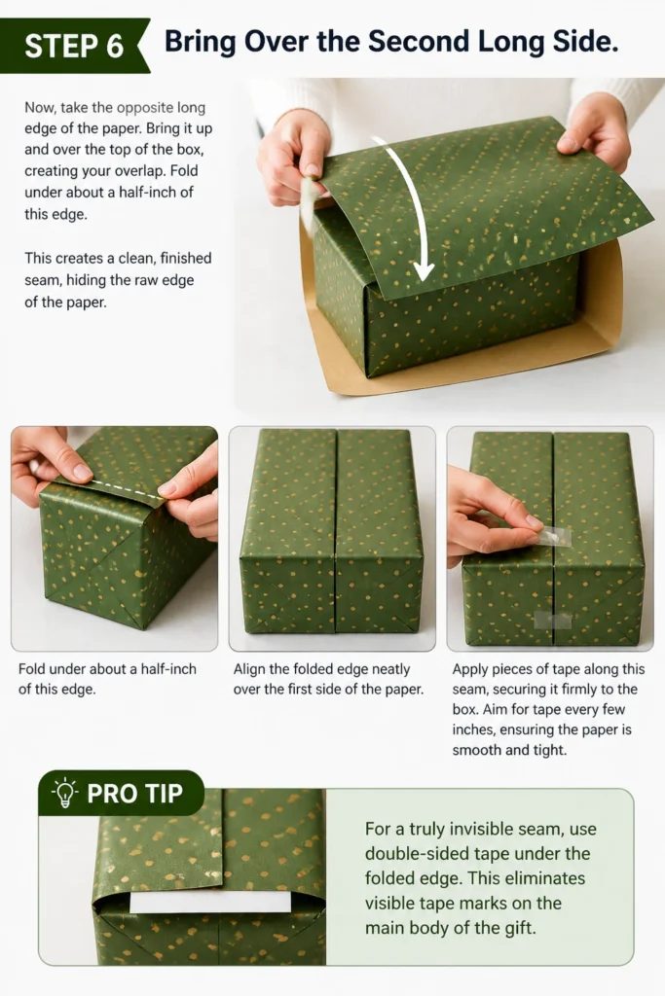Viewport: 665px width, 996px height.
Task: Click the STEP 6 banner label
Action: point(74,46)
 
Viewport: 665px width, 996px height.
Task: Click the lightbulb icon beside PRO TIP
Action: point(64,792)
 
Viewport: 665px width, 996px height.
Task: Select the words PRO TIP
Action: point(134,794)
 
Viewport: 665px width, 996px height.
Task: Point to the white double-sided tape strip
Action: point(210,902)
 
